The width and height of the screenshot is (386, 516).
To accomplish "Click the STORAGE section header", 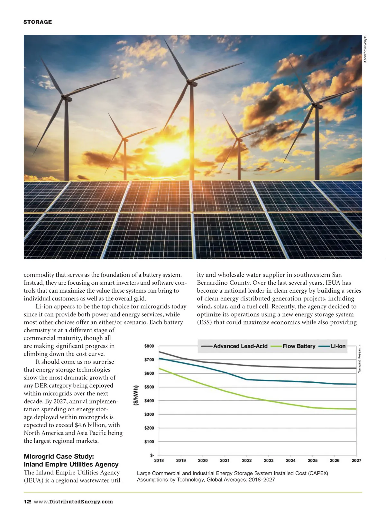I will pyautogui.click(x=38, y=22).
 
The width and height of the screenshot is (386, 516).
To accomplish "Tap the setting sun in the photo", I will pyautogui.click(x=170, y=153).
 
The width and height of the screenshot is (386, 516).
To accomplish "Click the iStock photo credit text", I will pyautogui.click(x=365, y=49).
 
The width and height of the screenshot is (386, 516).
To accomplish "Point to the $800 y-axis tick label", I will pyautogui.click(x=149, y=346).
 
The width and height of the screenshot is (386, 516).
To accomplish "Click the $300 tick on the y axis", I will pyautogui.click(x=149, y=414).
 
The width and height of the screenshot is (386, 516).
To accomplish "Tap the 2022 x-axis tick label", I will pyautogui.click(x=247, y=460).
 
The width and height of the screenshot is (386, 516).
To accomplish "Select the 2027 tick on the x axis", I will pyautogui.click(x=356, y=460).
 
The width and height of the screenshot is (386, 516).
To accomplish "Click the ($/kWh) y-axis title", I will pyautogui.click(x=136, y=395).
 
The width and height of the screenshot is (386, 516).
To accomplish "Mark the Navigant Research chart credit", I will pyautogui.click(x=359, y=359).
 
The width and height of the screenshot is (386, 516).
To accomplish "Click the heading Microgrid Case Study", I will pyautogui.click(x=59, y=456).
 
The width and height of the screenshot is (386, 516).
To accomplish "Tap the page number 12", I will pyautogui.click(x=27, y=502).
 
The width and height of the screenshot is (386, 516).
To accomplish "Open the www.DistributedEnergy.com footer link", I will pyautogui.click(x=73, y=502).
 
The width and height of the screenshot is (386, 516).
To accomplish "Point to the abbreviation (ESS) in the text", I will pyautogui.click(x=204, y=322).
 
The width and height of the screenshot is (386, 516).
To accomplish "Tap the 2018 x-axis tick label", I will pyautogui.click(x=159, y=460).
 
